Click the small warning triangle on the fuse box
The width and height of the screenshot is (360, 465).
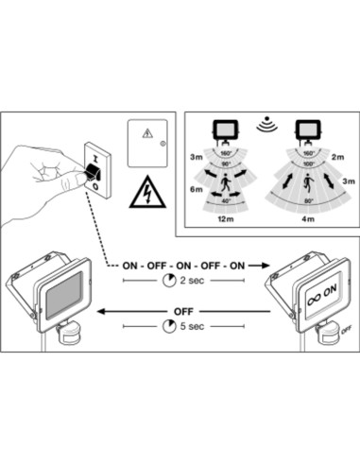point(146,133)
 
